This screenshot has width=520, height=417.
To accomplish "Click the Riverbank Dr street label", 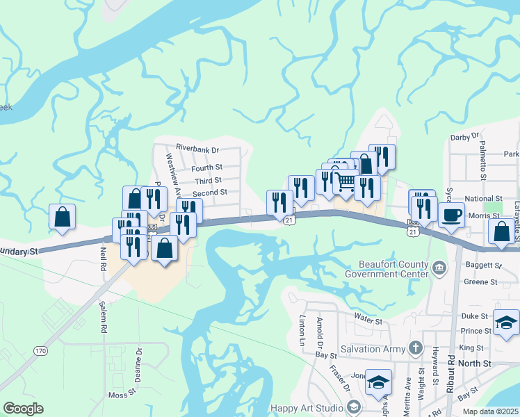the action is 197,149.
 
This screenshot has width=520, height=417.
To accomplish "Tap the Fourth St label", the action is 206,167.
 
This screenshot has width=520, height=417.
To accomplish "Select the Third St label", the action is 208,180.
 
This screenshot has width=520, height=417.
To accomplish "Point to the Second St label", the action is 210,193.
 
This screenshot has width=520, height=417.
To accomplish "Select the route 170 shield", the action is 40,351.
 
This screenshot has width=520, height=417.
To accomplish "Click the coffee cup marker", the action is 451,215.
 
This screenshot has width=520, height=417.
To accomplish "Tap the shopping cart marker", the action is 345,183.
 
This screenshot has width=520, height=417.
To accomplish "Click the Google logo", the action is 23,409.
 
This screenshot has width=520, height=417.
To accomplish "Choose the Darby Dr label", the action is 466,137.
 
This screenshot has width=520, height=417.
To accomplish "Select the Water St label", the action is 368,321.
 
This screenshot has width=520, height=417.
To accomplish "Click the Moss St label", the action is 122,395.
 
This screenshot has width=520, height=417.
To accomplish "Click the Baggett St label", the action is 487,265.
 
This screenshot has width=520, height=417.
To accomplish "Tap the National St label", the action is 483,199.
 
